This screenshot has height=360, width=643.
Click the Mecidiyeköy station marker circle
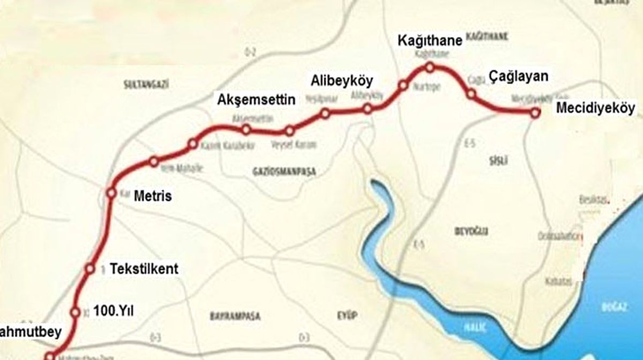pos(534,112)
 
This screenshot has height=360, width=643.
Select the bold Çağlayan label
pos(518,77)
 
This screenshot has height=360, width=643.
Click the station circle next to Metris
pos(111,193)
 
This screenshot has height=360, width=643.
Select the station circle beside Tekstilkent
pos(91,269)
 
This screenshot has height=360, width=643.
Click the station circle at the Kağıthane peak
pos(429,67)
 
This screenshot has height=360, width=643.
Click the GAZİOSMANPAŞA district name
pos(283,172)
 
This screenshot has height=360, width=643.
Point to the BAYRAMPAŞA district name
pos(235,317)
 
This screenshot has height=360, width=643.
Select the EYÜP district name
pos(348,314)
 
